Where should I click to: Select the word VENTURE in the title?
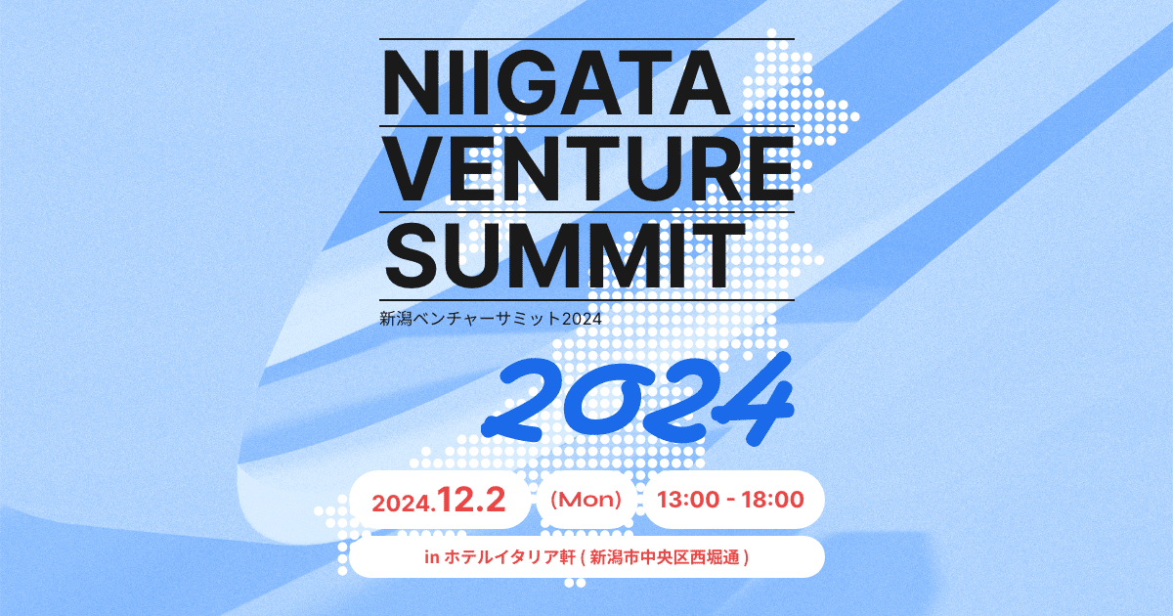click(x=586, y=168)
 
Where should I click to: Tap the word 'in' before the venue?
click(x=431, y=558)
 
